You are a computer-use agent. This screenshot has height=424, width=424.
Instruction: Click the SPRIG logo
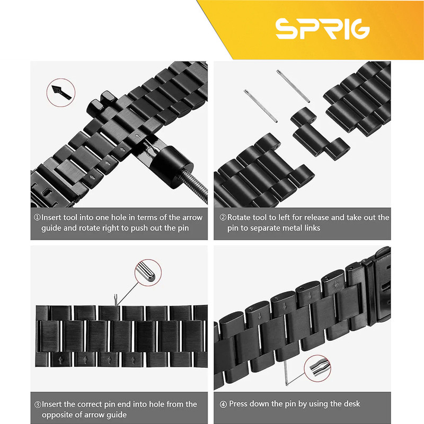pyautogui.click(x=323, y=29)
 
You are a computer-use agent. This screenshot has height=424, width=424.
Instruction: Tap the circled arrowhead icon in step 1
pyautogui.click(x=61, y=92)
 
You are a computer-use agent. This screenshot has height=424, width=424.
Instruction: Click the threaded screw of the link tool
pyautogui.click(x=195, y=187)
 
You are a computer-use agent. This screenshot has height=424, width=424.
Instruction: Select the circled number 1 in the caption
pyautogui.click(x=37, y=217)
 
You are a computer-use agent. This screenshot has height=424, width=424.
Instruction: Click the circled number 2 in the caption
pyautogui.click(x=223, y=217)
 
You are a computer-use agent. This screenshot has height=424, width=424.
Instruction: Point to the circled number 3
pyautogui.click(x=38, y=404)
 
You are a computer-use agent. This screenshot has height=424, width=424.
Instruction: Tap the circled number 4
pyautogui.click(x=223, y=404)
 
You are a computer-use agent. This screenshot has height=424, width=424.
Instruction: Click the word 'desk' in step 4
pyautogui.click(x=351, y=404)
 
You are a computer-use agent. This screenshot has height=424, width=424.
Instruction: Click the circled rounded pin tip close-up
pyautogui.click(x=148, y=273)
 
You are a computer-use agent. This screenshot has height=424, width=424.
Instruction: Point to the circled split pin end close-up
pyautogui.click(x=317, y=368)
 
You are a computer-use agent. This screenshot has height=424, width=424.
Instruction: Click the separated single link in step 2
pyautogui.click(x=320, y=132)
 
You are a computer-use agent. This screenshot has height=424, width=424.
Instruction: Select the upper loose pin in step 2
pyautogui.click(x=293, y=86)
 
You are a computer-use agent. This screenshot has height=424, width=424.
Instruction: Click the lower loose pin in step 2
pyautogui.click(x=261, y=106)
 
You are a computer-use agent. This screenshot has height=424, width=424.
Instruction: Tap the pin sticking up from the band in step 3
pyautogui.click(x=116, y=300)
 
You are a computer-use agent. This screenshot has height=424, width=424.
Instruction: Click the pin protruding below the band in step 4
pyautogui.click(x=286, y=374)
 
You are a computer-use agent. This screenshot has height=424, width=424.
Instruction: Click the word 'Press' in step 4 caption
pyautogui.click(x=239, y=404)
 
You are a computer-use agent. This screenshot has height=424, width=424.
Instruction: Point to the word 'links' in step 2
pyautogui.click(x=312, y=228)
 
